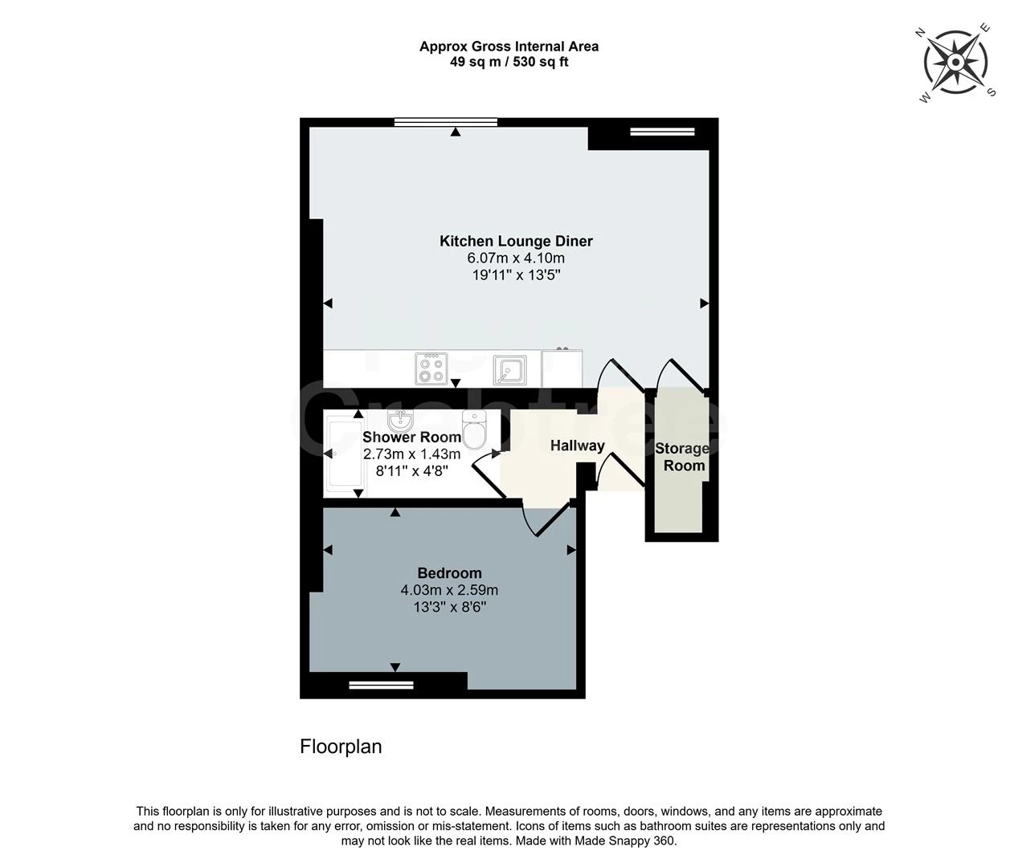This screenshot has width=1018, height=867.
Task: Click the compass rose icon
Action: (956, 63)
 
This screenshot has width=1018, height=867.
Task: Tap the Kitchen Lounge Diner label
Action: (516, 241)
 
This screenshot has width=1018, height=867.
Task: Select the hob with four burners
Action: (431, 369)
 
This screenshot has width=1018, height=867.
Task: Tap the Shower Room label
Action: (411, 438)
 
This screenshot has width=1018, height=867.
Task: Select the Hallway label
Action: (577, 446)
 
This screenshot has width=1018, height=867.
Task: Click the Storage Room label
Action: (682, 457)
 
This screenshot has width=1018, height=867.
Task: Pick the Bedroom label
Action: (449, 573)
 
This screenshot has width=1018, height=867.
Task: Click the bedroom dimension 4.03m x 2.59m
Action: (449, 591)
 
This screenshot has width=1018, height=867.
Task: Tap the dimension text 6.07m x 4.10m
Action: (516, 258)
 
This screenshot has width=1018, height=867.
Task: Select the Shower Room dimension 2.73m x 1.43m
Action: (411, 454)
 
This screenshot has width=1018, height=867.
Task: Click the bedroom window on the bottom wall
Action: (381, 685)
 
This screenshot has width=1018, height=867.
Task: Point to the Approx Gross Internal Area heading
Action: (509, 47)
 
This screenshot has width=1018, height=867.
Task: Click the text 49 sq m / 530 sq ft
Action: (509, 62)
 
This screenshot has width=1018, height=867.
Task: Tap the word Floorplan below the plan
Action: (341, 747)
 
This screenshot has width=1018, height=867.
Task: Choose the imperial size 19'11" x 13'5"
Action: (516, 275)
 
